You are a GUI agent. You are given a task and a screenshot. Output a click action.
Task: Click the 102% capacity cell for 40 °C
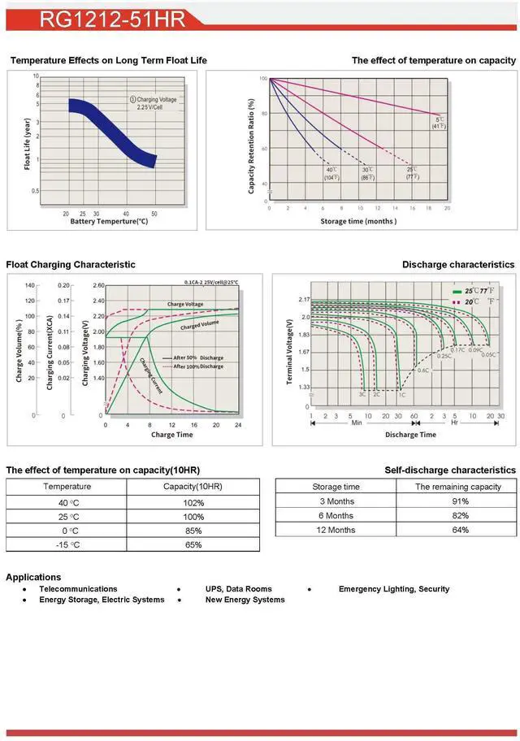pos(193,502)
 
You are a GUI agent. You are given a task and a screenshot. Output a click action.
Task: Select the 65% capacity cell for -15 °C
pos(193,544)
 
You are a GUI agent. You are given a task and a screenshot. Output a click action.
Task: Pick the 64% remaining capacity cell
pos(460,530)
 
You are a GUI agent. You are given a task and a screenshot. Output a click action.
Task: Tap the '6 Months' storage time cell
pos(336,515)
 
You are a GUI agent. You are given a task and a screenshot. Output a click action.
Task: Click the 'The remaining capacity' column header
pos(458,487)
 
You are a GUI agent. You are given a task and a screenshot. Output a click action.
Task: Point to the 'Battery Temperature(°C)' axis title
pos(109,221)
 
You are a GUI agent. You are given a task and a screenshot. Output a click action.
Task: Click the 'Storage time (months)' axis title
pos(358,221)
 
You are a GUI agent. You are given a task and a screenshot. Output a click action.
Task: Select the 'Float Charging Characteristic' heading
pos(71,265)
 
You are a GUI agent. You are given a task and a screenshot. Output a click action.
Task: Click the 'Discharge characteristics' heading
pos(458,265)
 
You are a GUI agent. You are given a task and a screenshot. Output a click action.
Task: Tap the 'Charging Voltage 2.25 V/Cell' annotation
pos(154,103)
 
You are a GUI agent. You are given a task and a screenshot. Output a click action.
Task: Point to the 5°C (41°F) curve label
pos(439,123)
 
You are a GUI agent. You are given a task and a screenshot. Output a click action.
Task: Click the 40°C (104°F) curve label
pos(331,173)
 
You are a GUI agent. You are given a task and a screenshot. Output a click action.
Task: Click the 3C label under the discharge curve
pos(362,394)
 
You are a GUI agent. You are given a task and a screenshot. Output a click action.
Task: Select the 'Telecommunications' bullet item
pos(78,589)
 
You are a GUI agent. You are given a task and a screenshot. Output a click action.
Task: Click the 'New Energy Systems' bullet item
pos(245,600)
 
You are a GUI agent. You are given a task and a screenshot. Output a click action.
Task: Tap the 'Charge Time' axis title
pos(171,435)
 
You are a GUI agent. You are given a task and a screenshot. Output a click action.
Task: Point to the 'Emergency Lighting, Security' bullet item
pos(393,589)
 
